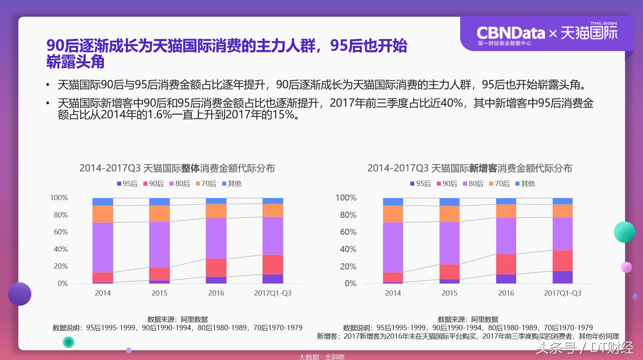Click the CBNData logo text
coord(511,33)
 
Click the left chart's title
coord(177,168)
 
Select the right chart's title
coord(469,168)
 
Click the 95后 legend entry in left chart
coord(127,184)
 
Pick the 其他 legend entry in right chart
coord(525,184)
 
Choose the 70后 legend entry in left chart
coord(206,184)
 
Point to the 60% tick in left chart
coord(61,232)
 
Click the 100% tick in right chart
coord(346,198)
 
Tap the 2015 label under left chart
coord(159,293)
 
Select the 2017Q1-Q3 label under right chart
coord(562,293)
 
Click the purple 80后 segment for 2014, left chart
coord(103,247)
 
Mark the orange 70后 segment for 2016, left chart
coord(216,211)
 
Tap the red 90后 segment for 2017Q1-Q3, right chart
coord(562,261)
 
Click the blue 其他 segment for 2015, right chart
coord(449,202)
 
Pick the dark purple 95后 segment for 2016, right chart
coord(506,279)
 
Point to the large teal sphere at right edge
coord(624,232)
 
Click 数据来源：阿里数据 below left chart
coord(178,319)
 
